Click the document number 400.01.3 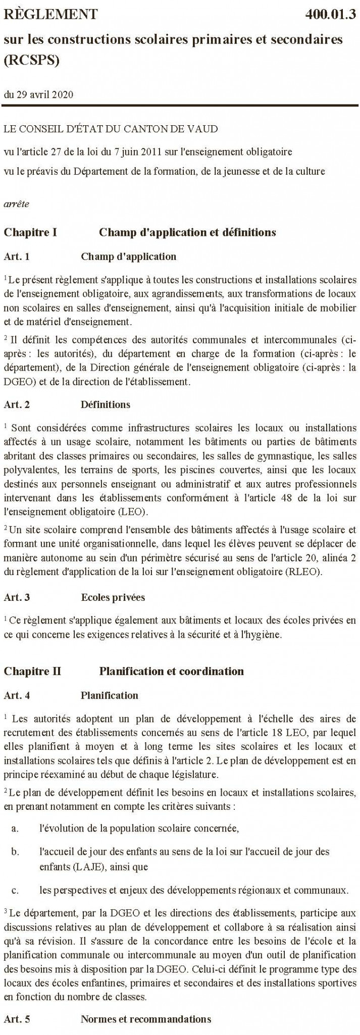331,15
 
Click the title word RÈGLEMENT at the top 50,15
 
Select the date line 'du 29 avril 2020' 38,94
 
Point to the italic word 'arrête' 16,204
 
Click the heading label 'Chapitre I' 30,232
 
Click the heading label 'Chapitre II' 32,671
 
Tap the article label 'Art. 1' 17,256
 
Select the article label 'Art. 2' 17,404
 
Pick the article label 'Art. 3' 17,597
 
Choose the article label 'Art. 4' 17,695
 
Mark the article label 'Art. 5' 17,1019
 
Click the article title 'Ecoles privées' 113,597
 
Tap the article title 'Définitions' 105,404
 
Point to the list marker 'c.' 15,889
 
